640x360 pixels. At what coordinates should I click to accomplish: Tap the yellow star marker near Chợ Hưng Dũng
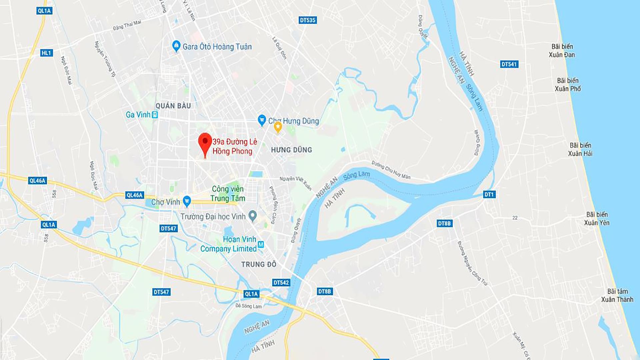(278, 127)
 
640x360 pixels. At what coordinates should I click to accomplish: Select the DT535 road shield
(307, 20)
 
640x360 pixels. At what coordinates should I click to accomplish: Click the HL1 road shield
(46, 53)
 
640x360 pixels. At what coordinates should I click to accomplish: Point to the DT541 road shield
(509, 64)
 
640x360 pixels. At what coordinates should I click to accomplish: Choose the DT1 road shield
(489, 194)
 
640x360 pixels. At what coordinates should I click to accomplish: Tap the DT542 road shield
(281, 282)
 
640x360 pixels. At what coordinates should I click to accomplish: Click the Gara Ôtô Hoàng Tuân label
(217, 47)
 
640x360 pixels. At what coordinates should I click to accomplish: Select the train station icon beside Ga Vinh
(155, 115)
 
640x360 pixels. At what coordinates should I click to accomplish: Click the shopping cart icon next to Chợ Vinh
(187, 201)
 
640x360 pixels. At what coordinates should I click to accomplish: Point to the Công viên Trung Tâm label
(228, 194)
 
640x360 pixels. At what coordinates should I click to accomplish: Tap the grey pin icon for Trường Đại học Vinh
(253, 216)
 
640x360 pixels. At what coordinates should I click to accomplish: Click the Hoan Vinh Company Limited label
(228, 244)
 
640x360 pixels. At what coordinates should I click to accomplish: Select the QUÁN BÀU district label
(173, 106)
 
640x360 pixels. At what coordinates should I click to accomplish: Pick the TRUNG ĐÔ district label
(259, 264)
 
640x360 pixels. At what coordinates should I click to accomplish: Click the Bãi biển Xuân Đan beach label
(562, 51)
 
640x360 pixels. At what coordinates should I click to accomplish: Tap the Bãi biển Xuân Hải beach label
(580, 149)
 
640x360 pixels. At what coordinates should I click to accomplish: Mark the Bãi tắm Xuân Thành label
(617, 295)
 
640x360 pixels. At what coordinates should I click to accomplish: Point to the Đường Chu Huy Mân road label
(391, 170)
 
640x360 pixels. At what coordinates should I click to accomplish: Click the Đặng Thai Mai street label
(127, 25)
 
